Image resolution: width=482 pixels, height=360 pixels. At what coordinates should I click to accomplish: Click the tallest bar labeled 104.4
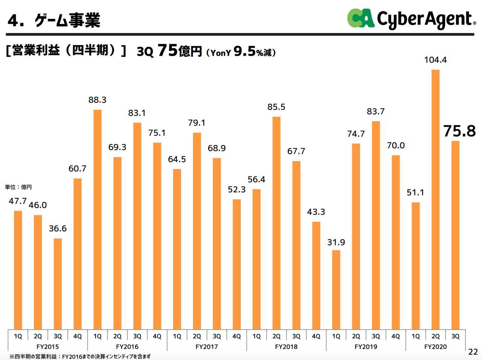[x=435, y=199]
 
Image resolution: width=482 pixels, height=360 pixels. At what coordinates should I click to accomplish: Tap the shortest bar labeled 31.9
[x=336, y=290]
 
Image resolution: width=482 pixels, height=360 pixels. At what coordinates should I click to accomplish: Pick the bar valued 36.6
[x=58, y=284]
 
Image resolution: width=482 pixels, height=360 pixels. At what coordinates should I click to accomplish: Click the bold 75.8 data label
[x=459, y=131]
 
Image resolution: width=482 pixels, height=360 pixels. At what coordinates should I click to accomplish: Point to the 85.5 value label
[x=276, y=107]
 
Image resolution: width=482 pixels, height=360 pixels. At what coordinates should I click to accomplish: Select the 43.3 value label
[x=316, y=212]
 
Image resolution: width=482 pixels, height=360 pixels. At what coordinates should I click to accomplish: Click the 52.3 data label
[x=236, y=190]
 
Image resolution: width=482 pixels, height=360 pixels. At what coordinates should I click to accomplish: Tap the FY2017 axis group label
[x=207, y=347]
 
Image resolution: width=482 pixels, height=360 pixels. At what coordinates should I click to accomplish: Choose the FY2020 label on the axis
[x=435, y=347]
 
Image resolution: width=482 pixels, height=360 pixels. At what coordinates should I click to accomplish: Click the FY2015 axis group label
[x=47, y=347]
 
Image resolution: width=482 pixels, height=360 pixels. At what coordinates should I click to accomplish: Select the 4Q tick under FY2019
[x=396, y=336]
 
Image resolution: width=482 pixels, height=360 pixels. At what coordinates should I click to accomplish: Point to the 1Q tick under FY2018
[x=256, y=336]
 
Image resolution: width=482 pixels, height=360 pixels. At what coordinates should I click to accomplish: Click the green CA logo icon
[x=360, y=18]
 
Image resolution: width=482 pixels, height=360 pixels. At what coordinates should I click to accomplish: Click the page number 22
[x=473, y=352]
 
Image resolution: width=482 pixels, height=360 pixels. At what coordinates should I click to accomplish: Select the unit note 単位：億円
[x=18, y=187]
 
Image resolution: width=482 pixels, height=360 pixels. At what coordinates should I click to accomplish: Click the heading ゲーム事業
[x=68, y=20]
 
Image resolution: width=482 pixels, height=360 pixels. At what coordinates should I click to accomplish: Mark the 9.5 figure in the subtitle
[x=244, y=51]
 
